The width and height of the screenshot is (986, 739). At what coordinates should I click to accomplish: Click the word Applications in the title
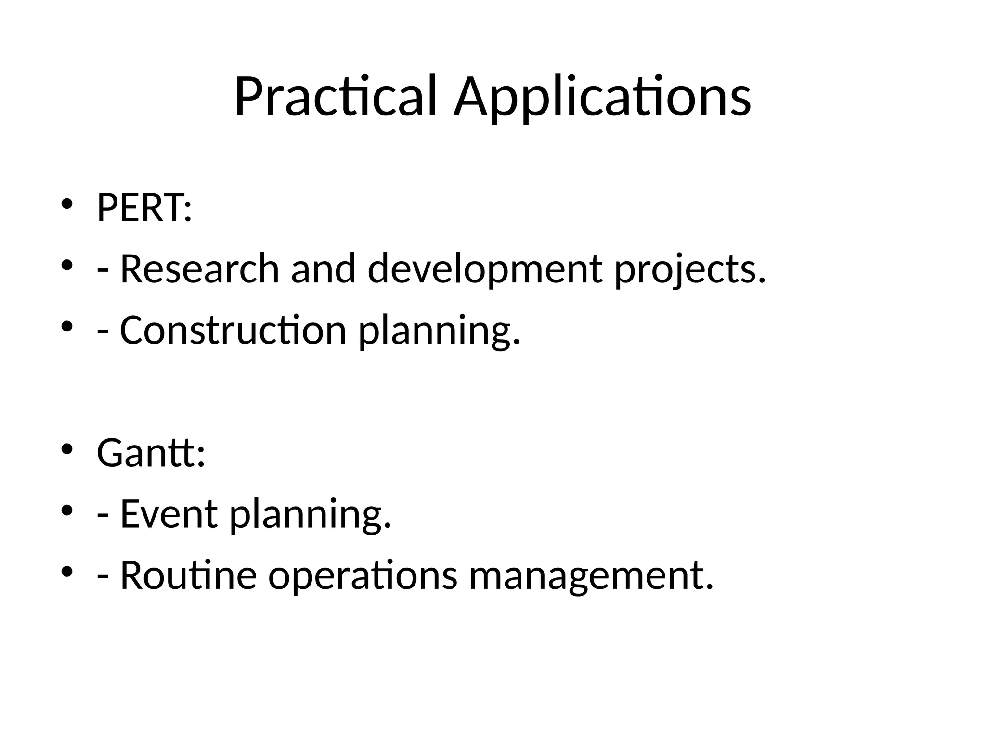point(602,96)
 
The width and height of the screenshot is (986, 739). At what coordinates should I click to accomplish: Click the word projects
point(689,269)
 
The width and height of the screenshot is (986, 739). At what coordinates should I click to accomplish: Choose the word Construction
point(233,330)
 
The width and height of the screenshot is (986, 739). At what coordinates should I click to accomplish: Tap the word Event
point(169,514)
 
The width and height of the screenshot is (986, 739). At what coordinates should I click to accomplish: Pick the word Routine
point(188,575)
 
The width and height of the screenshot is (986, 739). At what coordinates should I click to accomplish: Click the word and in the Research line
point(324,268)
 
